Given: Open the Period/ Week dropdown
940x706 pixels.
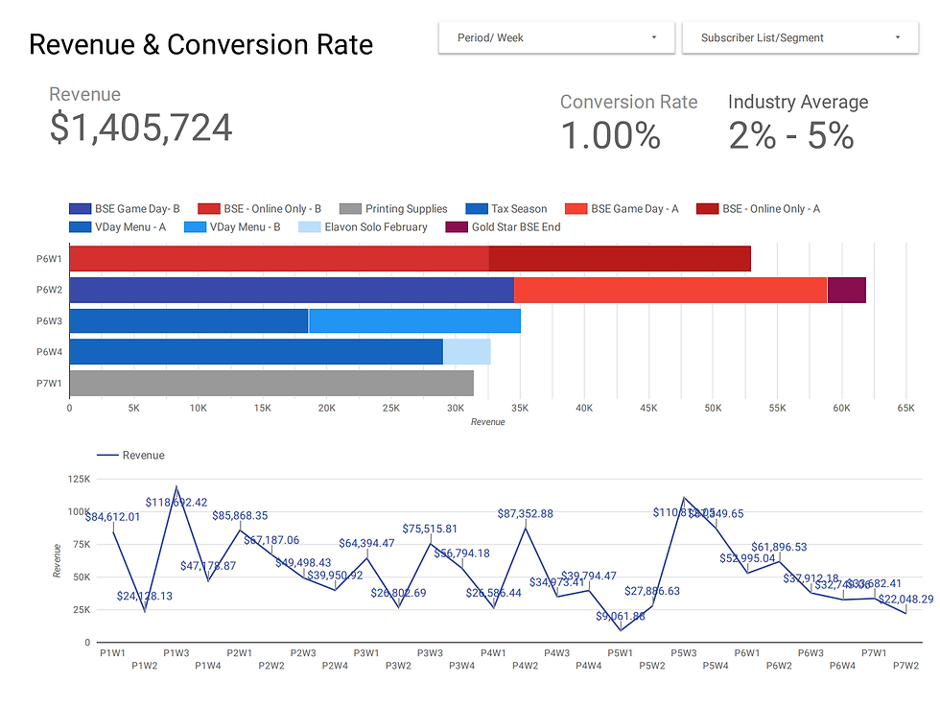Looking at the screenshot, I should pos(556,38).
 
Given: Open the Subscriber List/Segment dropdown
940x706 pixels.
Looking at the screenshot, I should pos(799,38).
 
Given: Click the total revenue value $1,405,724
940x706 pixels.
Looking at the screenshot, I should pos(141,128).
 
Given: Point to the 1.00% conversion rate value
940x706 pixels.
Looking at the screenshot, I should pos(610,136).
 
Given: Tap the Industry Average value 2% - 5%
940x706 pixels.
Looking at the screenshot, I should pos(791,136).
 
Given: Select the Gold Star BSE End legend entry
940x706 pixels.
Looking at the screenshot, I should pos(515,227).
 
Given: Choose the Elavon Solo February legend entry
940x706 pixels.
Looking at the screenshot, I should pos(375,227).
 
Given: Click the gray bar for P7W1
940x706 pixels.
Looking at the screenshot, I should pos(271,384).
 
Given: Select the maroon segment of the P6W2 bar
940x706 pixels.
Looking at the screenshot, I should pos(846,290).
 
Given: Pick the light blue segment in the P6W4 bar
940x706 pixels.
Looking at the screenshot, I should pos(467,352).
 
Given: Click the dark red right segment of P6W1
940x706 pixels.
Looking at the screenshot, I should pos(620,259).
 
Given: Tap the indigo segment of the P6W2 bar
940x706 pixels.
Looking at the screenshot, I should pos(292,290).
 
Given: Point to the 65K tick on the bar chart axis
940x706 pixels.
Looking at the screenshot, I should pos(905,408).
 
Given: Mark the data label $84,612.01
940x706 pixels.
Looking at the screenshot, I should pos(112,517).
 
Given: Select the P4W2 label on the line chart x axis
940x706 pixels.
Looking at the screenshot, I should pos(525,666).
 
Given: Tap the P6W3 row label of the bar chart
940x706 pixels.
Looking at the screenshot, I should pos(50,321).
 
